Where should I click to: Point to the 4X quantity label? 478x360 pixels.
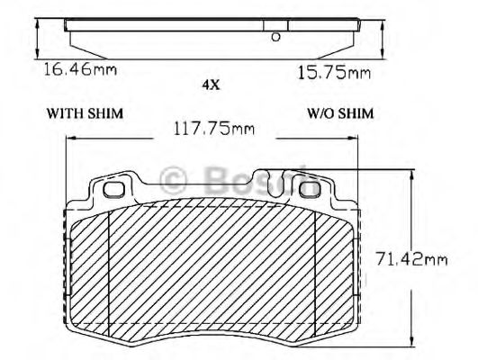[x=211, y=85]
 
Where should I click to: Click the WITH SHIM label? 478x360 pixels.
[x=85, y=113]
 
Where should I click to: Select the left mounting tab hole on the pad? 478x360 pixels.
[x=114, y=190]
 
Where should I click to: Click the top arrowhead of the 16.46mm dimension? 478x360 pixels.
[x=35, y=22]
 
